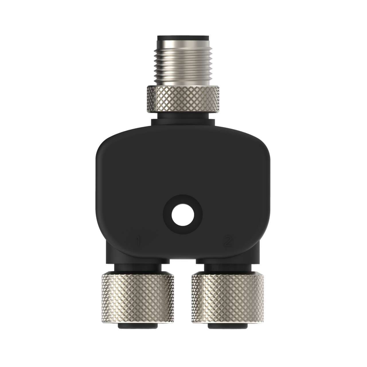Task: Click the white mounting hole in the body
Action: (183, 214)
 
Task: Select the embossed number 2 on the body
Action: (228, 241)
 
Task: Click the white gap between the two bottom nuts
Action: (183, 287)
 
